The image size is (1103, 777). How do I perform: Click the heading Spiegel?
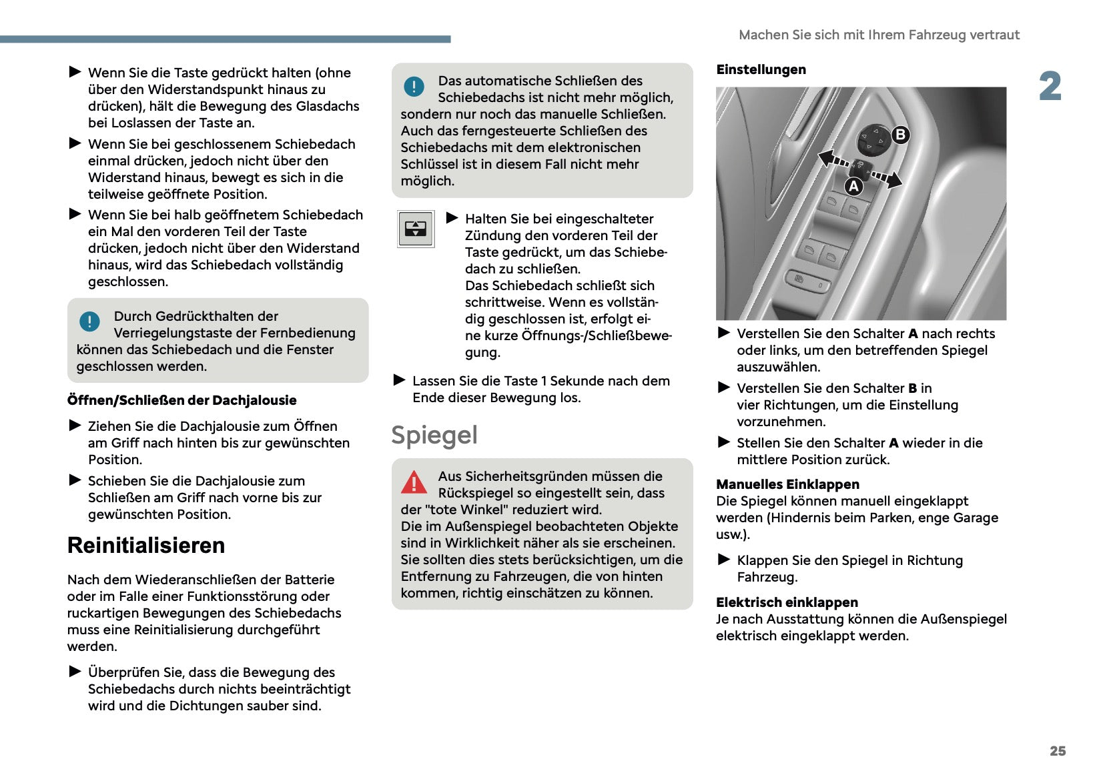434,436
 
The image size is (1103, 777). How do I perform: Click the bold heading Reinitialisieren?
146,546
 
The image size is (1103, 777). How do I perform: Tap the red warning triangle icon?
414,482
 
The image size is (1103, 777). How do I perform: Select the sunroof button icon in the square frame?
416,229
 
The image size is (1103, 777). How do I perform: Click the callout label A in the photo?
853,187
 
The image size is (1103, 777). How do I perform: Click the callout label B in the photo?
900,135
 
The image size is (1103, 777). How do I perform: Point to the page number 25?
1058,751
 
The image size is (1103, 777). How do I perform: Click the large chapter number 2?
1050,87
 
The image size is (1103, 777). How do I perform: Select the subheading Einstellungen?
761,70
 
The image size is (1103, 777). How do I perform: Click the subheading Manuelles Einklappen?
787,484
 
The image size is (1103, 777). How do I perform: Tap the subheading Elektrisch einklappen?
787,602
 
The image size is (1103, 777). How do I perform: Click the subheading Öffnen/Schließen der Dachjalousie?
181,400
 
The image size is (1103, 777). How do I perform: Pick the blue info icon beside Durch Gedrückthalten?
89,321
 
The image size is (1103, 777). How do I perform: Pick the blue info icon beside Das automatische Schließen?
414,86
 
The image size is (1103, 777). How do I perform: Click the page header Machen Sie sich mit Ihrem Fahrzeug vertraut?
879,35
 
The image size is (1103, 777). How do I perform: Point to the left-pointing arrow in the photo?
831,159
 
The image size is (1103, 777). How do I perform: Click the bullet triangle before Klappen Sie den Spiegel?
724,560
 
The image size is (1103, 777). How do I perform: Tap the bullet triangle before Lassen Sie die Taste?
400,380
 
